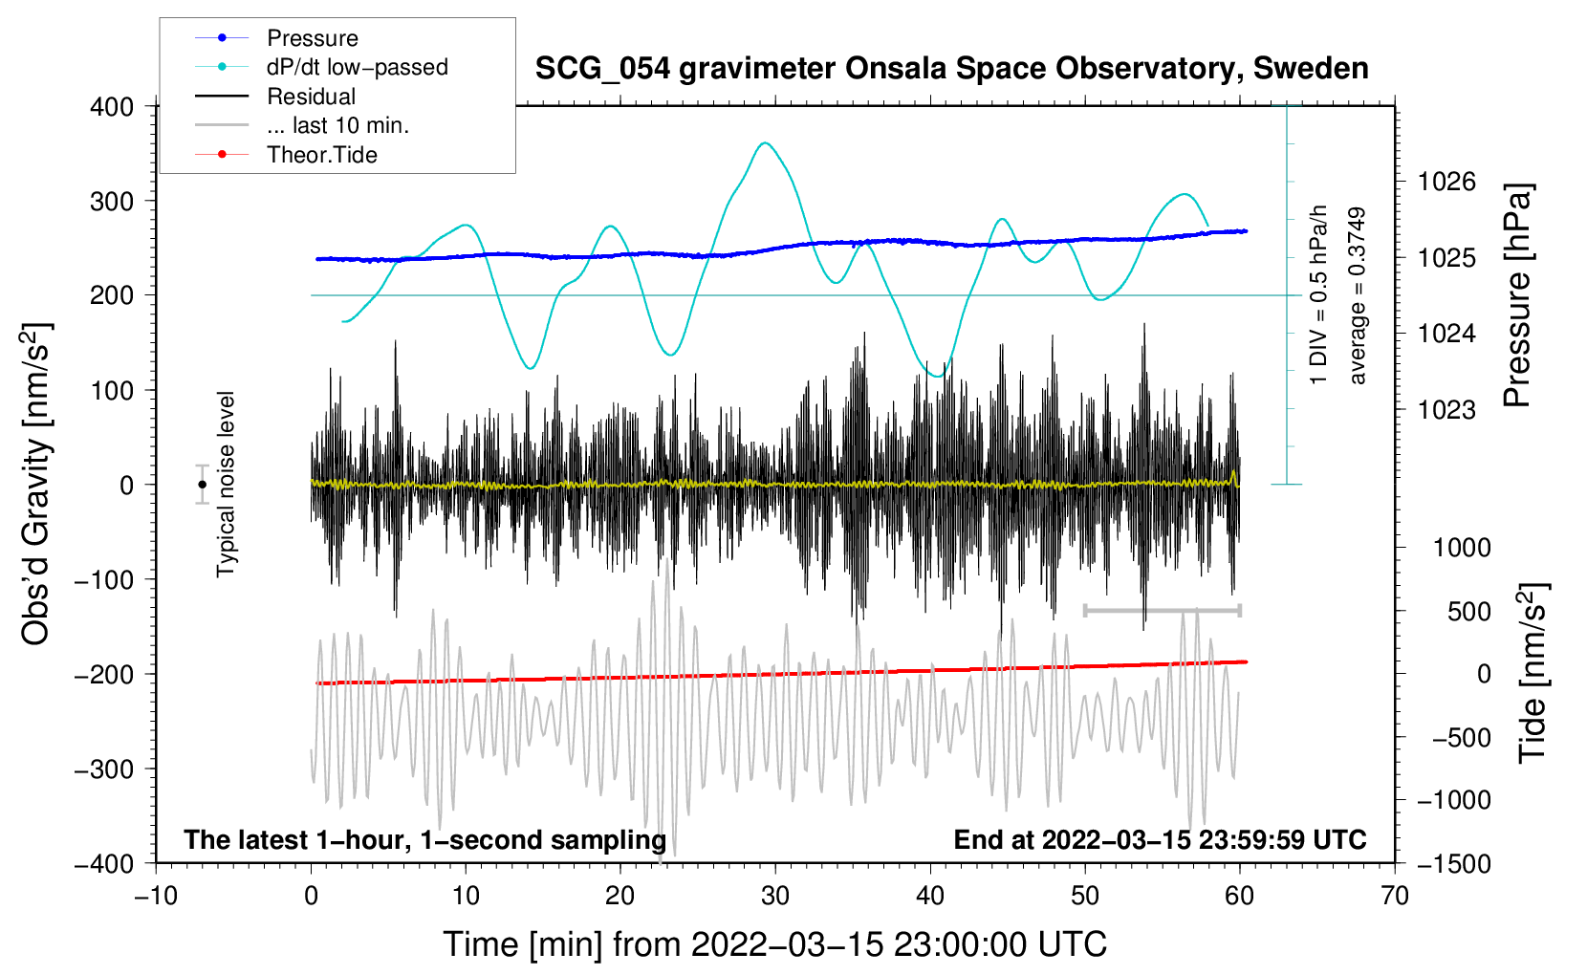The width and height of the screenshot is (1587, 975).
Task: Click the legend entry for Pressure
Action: [x=312, y=38]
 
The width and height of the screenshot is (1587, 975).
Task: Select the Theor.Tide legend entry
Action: [x=321, y=155]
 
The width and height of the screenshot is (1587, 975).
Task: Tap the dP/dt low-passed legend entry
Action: [x=357, y=67]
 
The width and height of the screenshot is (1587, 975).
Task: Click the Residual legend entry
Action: [x=311, y=97]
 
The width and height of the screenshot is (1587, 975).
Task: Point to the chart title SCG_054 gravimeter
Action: [x=951, y=69]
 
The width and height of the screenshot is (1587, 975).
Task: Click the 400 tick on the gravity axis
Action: [x=113, y=107]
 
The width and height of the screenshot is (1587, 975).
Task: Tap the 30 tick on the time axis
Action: [x=775, y=896]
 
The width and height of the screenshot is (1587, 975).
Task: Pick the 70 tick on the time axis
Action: [x=1395, y=896]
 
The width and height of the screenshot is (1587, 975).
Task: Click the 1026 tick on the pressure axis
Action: [x=1446, y=182]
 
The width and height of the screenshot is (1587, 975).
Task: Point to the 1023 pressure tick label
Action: [x=1446, y=410]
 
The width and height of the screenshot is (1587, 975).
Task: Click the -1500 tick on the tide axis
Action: [x=1453, y=863]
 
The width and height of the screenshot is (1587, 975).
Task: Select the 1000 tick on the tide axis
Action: [x=1462, y=548]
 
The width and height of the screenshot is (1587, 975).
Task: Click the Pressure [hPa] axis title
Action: [x=1517, y=296]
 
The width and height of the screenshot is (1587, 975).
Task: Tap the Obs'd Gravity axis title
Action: [x=36, y=484]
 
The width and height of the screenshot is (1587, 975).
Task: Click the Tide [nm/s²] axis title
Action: [x=1533, y=673]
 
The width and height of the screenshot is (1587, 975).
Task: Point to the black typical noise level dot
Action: [x=202, y=485]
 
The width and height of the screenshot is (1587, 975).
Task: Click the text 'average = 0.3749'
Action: [x=1358, y=296]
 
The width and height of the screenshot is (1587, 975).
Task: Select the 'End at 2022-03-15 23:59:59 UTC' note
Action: [x=1160, y=839]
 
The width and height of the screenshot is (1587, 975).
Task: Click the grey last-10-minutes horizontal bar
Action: [x=1162, y=610]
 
